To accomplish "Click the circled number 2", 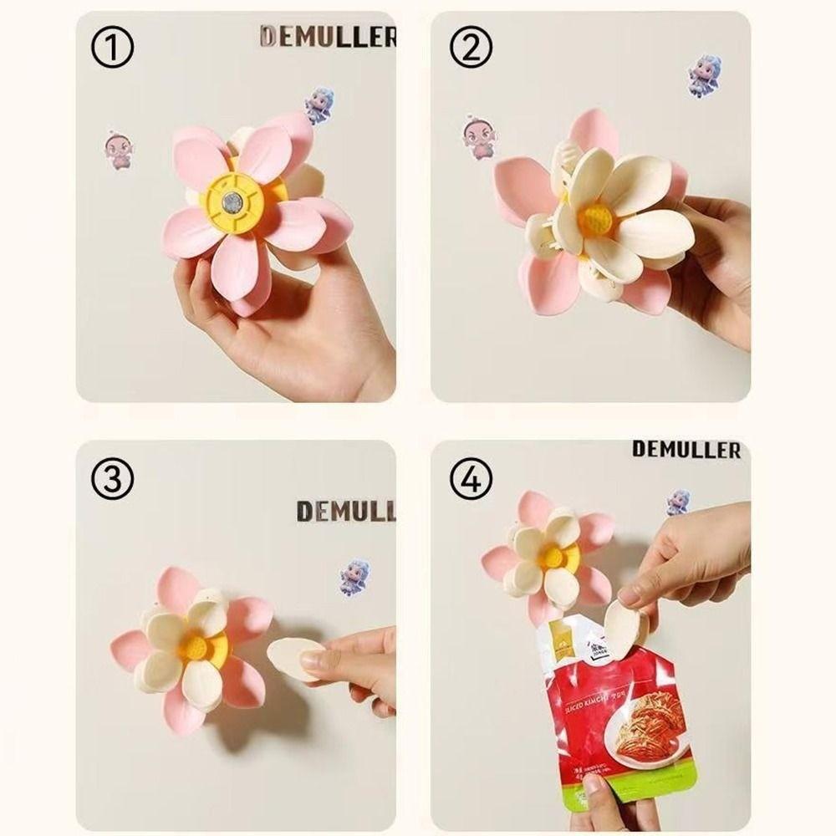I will [x=472, y=49].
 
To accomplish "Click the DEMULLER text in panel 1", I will [x=328, y=37].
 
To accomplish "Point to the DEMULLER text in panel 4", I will [x=686, y=450].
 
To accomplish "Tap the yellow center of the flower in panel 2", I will [x=596, y=220].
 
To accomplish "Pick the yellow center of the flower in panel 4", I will [x=552, y=556].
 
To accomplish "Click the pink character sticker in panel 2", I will [x=477, y=138].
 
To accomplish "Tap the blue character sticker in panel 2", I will [x=704, y=76].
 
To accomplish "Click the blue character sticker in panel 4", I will [x=678, y=502].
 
